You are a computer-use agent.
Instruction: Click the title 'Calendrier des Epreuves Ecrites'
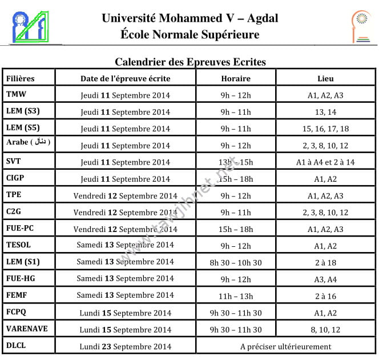[190, 62]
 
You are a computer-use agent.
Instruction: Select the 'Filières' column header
[21, 78]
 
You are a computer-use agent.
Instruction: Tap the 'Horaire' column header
[236, 78]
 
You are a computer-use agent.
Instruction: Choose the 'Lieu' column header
[325, 78]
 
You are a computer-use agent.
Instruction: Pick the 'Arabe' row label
[28, 143]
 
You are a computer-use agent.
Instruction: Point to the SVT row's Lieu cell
[325, 162]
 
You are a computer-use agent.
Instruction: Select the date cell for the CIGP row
[126, 179]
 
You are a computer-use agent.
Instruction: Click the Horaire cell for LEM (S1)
[236, 262]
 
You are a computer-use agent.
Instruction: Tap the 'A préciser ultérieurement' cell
[285, 346]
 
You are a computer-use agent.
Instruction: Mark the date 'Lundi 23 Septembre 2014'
[126, 346]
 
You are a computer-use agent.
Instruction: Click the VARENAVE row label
[27, 329]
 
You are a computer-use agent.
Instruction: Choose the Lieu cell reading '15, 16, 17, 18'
[325, 129]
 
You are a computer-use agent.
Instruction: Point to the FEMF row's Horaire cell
[236, 296]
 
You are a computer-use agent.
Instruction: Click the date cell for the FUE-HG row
[126, 279]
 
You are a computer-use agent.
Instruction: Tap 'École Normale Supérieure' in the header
[190, 35]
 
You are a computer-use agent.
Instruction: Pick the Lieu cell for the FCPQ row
[325, 313]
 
